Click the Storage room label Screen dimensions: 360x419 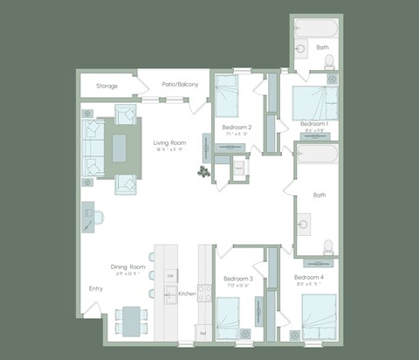click(107, 86)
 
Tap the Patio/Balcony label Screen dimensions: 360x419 click(180, 85)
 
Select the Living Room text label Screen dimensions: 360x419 click(170, 142)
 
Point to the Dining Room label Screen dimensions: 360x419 click(127, 267)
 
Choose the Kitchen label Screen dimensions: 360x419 click(187, 294)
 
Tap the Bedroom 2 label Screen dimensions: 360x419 click(238, 128)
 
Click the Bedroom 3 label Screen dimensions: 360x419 click(239, 279)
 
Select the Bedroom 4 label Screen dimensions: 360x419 click(310, 277)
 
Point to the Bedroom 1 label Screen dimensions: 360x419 click(313, 124)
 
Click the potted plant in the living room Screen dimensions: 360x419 click(203, 172)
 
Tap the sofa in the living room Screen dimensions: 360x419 click(93, 147)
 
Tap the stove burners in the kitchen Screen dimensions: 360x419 click(204, 293)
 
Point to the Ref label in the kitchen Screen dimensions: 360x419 click(203, 333)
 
